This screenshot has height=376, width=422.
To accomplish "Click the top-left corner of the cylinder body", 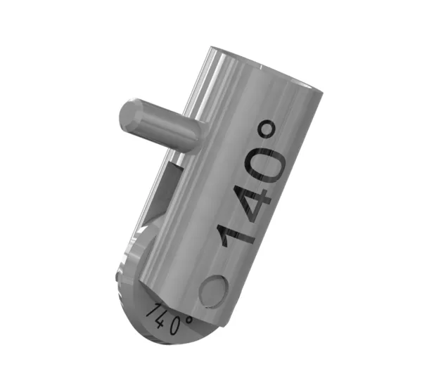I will [211, 51].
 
